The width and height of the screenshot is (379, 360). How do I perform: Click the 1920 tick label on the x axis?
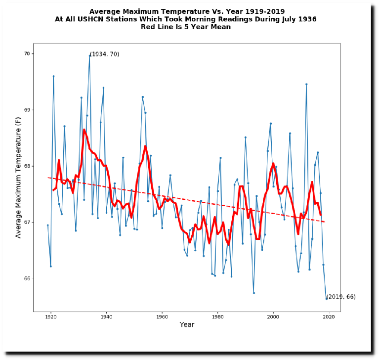coord(50,317)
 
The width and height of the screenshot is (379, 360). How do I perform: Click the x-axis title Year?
coord(187,325)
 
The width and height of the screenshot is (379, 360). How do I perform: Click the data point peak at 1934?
coord(89,55)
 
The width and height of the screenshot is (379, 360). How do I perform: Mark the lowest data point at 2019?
coord(326,298)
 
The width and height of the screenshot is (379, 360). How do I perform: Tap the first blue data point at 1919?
coord(48,225)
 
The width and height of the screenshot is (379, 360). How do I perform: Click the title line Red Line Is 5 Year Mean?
coord(186,27)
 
